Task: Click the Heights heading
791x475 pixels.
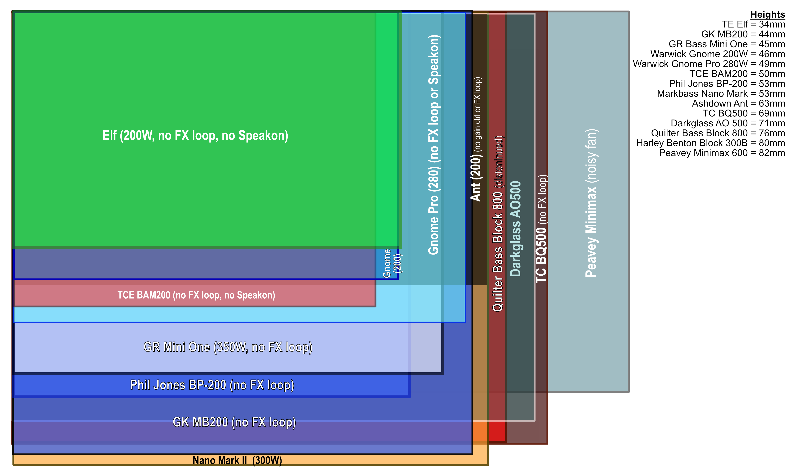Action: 767,14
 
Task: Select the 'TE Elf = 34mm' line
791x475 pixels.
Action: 753,24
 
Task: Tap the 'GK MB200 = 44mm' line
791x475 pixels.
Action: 743,34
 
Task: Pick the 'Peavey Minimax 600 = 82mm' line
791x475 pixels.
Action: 722,153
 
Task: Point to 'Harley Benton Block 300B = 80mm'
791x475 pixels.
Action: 710,143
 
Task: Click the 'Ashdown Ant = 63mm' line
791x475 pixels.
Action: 739,103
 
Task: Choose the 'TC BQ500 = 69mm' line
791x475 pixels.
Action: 744,113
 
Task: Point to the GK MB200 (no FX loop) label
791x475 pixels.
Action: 234,422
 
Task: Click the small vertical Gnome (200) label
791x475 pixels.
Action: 392,263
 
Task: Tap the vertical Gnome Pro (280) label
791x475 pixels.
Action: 434,145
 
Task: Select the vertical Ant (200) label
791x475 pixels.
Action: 476,139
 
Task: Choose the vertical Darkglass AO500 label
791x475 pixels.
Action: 515,229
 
